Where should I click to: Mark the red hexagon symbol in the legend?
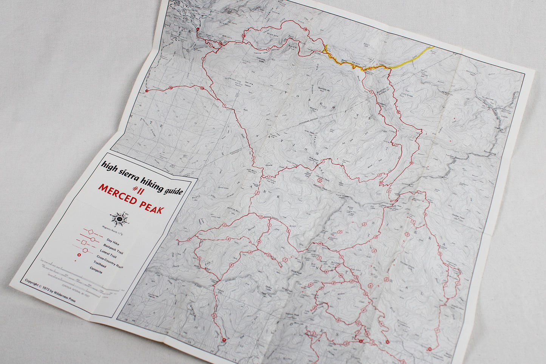(x=87, y=250)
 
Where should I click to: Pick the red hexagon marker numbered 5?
(x=320, y=180)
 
